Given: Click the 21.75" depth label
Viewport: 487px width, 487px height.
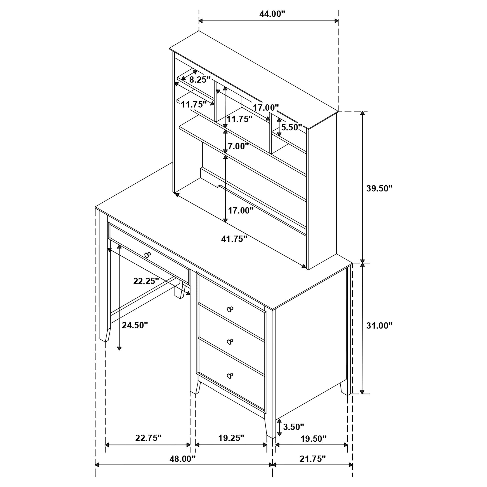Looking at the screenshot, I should tap(313, 466).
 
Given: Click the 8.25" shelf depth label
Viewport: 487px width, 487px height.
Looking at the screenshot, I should tap(200, 80).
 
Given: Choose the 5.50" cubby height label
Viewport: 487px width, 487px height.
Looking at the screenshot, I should tap(292, 127).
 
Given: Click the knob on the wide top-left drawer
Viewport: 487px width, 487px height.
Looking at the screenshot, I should tap(147, 255).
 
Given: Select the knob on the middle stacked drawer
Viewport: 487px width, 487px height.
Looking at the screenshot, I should tap(230, 342).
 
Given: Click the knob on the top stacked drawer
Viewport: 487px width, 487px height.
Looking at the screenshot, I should tap(230, 309).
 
